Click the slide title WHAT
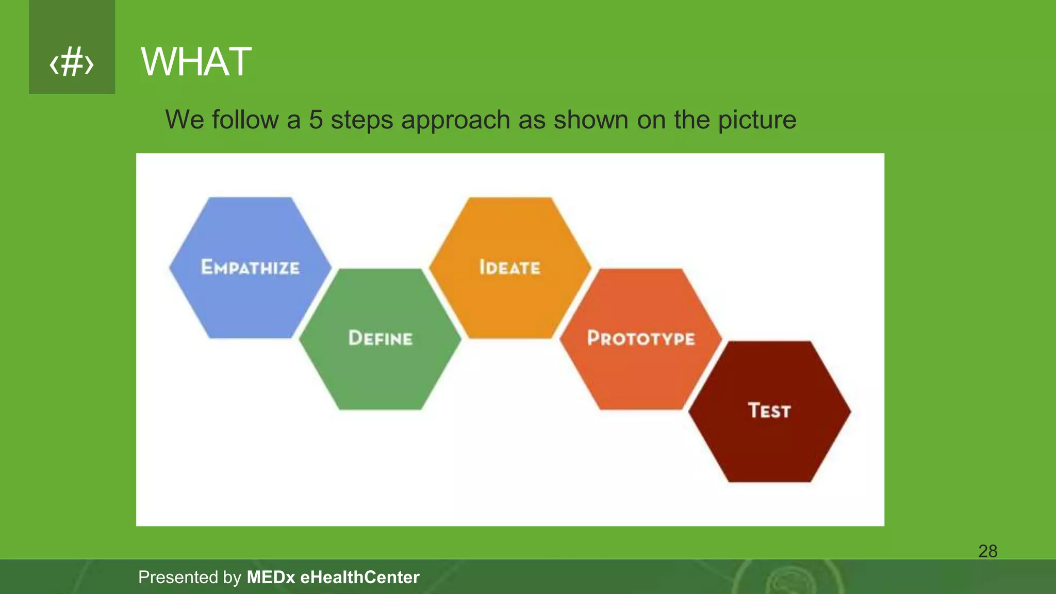(196, 62)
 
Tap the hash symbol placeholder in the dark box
(72, 63)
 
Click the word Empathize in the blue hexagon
(250, 267)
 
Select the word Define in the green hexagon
(381, 338)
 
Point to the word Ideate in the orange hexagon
(510, 267)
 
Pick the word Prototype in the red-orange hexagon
(641, 338)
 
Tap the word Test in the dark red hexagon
(769, 410)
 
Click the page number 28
(987, 551)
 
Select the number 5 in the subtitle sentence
(316, 120)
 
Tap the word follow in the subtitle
(245, 120)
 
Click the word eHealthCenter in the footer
(360, 577)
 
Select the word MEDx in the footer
(271, 577)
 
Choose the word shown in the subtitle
(591, 120)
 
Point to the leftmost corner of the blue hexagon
(170, 267)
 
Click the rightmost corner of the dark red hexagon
(850, 411)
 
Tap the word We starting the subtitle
(185, 120)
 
